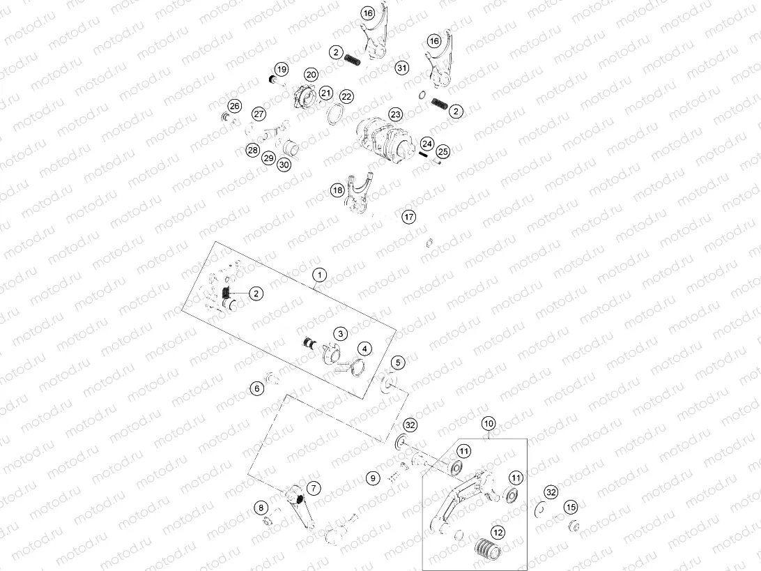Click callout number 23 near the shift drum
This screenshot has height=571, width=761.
pyautogui.click(x=396, y=114)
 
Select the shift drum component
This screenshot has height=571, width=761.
pyautogui.click(x=380, y=137)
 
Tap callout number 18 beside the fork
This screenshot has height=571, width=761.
pyautogui.click(x=337, y=190)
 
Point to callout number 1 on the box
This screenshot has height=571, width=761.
pyautogui.click(x=318, y=275)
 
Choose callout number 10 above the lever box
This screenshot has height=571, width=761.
pyautogui.click(x=489, y=423)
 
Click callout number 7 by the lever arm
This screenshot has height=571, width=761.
pyautogui.click(x=313, y=488)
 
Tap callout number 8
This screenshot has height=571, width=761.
pyautogui.click(x=261, y=507)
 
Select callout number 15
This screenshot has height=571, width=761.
pyautogui.click(x=571, y=507)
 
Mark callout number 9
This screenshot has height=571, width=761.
pyautogui.click(x=374, y=478)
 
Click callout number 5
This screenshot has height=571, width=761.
pyautogui.click(x=397, y=363)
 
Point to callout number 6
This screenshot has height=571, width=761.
pyautogui.click(x=258, y=388)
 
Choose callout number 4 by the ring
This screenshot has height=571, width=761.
pyautogui.click(x=364, y=348)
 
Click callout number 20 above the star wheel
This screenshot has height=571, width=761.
pyautogui.click(x=310, y=74)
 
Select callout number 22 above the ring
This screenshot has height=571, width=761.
pyautogui.click(x=346, y=96)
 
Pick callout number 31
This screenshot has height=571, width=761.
pyautogui.click(x=402, y=68)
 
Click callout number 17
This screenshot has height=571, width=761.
pyautogui.click(x=408, y=217)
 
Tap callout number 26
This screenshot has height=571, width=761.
pyautogui.click(x=235, y=106)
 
